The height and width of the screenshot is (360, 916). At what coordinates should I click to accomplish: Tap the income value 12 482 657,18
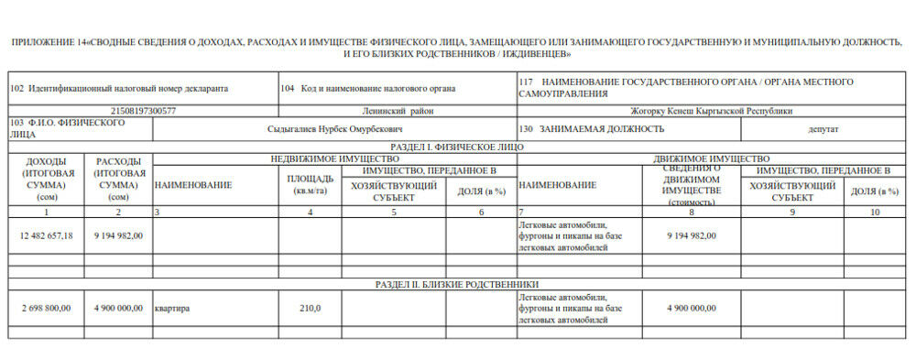[46, 235]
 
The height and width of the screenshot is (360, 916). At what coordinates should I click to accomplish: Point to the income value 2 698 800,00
[46, 308]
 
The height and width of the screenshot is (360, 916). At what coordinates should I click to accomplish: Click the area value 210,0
[311, 308]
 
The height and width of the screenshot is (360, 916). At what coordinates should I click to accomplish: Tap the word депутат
[823, 129]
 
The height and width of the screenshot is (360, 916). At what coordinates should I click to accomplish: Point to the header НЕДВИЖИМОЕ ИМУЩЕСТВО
[334, 158]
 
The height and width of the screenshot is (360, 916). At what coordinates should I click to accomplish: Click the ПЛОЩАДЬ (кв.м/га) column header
[311, 184]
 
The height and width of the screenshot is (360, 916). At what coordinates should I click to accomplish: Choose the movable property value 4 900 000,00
[692, 308]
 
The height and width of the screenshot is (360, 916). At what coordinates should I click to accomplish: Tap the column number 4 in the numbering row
[311, 212]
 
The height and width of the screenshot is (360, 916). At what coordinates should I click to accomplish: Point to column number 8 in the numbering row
[692, 212]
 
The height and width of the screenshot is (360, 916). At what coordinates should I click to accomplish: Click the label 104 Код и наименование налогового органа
[366, 88]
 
